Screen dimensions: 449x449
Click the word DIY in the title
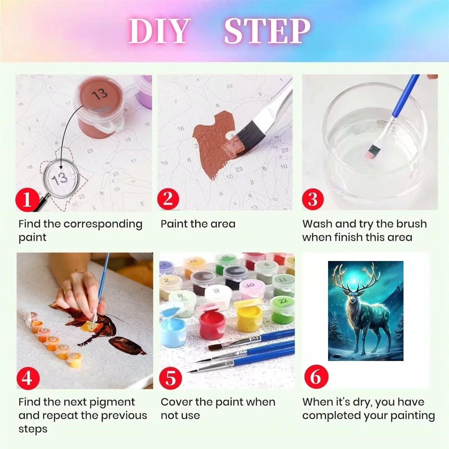(160, 31)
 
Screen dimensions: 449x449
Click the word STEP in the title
(267, 31)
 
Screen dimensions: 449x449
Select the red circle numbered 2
(169, 198)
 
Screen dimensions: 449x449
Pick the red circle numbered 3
(313, 198)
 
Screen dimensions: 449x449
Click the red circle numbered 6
(315, 376)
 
